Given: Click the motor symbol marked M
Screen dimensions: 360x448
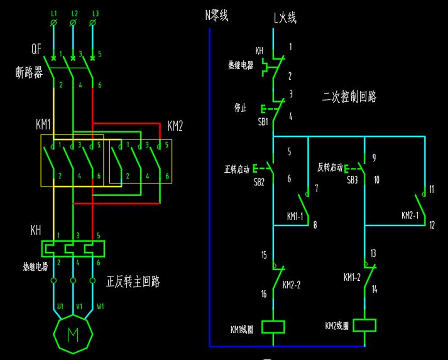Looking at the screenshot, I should (x=73, y=334).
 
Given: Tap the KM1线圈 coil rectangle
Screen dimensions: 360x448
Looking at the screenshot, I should (x=273, y=327).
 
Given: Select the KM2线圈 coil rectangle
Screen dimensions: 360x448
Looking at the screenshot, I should (x=364, y=325).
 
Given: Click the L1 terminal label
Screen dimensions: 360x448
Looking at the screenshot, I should (x=53, y=13).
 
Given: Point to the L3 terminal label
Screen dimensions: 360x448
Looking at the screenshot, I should (x=96, y=13).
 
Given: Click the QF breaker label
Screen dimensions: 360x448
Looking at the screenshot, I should (x=36, y=49).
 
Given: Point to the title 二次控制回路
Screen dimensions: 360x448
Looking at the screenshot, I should (x=349, y=97).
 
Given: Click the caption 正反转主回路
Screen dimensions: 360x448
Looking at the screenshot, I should (x=133, y=282).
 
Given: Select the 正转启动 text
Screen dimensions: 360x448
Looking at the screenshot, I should (x=238, y=168).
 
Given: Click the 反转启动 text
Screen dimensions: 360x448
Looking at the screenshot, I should (x=330, y=168).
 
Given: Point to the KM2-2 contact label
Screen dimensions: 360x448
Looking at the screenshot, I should (x=293, y=285).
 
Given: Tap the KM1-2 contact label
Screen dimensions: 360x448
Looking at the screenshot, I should (x=352, y=277).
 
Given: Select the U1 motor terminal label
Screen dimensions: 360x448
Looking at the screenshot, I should (x=60, y=307).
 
